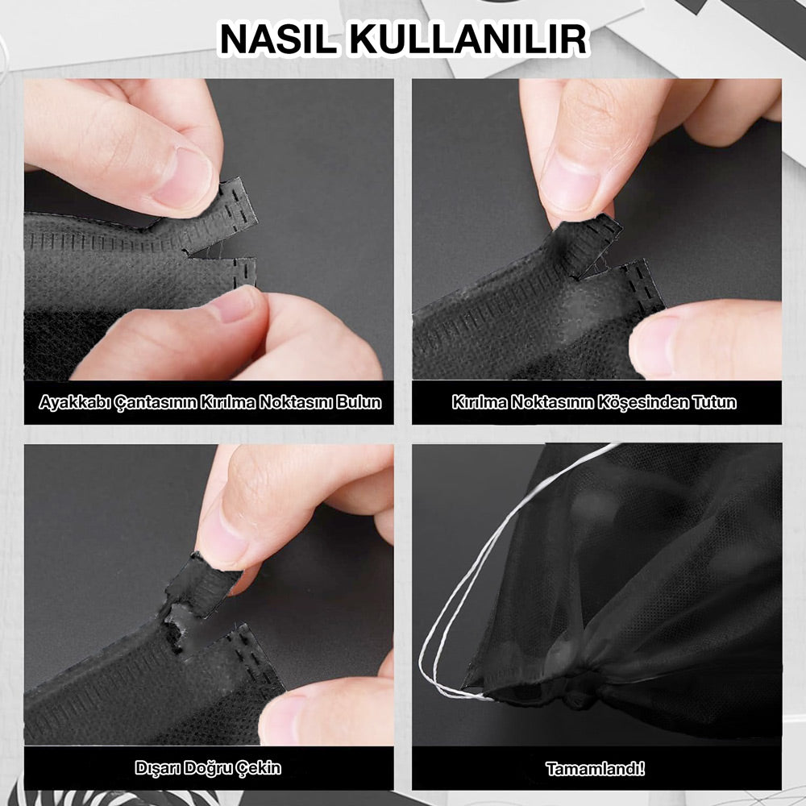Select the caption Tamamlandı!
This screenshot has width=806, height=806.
tap(596, 768)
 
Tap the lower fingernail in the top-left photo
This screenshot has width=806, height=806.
tap(235, 305)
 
